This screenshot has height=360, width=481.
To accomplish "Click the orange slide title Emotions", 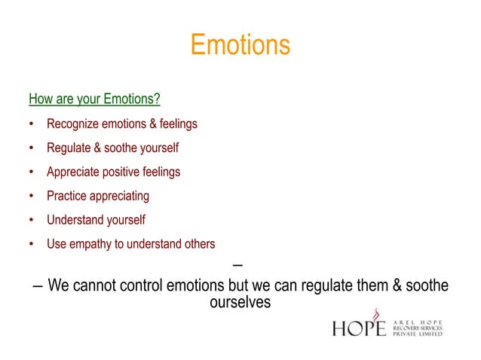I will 240,44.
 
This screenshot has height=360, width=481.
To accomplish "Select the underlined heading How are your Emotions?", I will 94,99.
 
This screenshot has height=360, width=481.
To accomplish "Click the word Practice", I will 67,196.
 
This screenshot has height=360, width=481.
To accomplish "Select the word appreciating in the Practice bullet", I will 120,196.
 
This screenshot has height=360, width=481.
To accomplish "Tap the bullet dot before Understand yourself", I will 31,221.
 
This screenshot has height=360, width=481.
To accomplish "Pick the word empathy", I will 90,244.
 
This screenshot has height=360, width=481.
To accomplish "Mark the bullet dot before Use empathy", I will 31,245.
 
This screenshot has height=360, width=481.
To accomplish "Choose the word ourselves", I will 239,303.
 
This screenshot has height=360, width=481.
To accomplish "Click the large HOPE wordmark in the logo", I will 358,330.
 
